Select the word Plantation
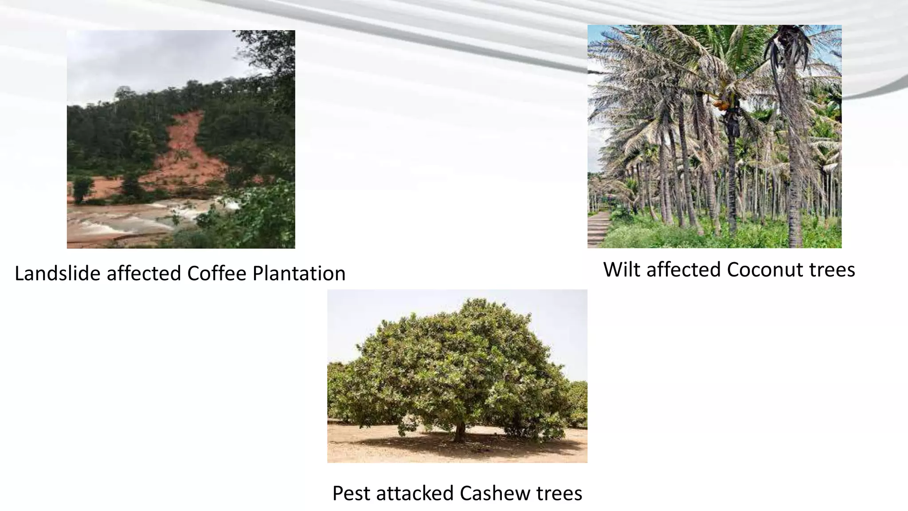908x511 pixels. pos(299,273)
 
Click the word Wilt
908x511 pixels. pos(622,270)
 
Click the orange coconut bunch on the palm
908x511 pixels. pos(721,105)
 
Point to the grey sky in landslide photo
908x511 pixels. pos(146,58)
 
